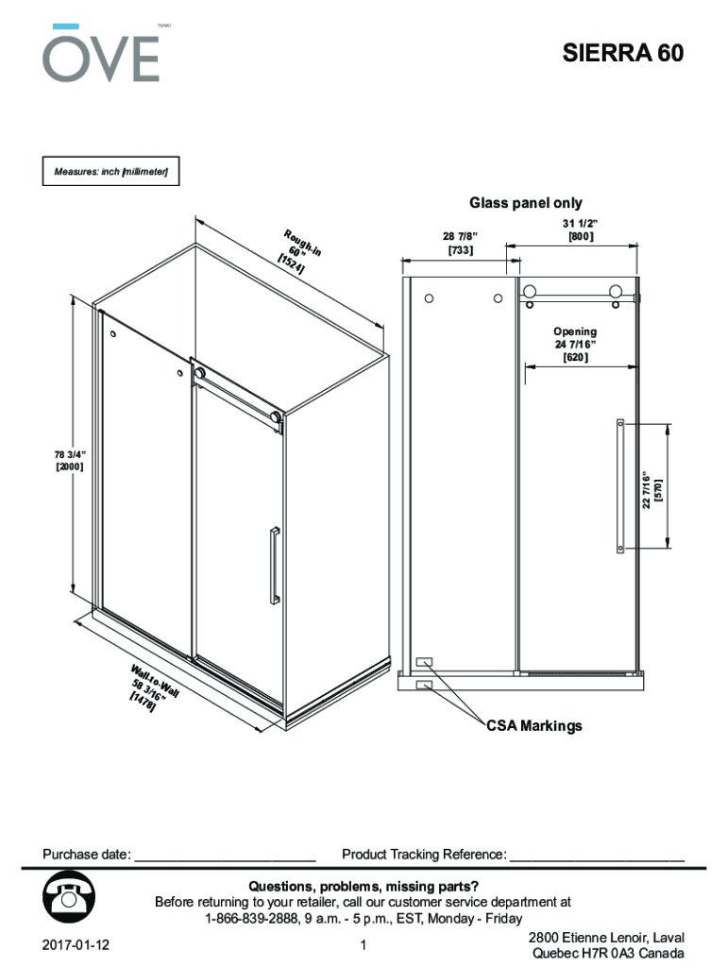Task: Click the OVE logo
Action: pyautogui.click(x=100, y=54)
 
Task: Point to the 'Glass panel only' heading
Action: pyautogui.click(x=526, y=203)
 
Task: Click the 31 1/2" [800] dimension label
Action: pyautogui.click(x=581, y=229)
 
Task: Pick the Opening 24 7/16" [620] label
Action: pyautogui.click(x=575, y=345)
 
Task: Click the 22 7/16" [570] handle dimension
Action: pyautogui.click(x=652, y=490)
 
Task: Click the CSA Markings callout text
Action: pyautogui.click(x=534, y=726)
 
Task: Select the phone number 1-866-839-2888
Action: pyautogui.click(x=251, y=919)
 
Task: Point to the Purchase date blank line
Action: pyautogui.click(x=225, y=856)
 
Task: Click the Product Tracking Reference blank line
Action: pyautogui.click(x=597, y=856)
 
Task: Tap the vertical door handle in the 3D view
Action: pyautogui.click(x=274, y=564)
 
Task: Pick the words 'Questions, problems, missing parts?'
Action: pyautogui.click(x=363, y=887)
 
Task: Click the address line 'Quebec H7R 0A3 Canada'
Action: pyautogui.click(x=608, y=955)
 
